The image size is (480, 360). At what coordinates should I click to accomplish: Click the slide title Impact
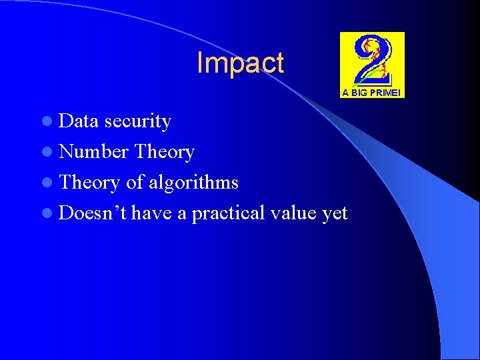pyautogui.click(x=240, y=63)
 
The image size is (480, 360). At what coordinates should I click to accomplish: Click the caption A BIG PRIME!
pyautogui.click(x=372, y=93)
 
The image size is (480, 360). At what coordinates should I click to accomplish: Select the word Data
pyautogui.click(x=79, y=121)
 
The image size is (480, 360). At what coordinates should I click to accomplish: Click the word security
pyautogui.click(x=138, y=121)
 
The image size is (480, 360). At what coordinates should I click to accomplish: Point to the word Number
pyautogui.click(x=93, y=152)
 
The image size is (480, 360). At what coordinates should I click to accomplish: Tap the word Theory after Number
pyautogui.click(x=164, y=152)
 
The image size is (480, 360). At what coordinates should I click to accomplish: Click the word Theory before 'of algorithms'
pyautogui.click(x=89, y=183)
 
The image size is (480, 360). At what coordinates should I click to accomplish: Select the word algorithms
pyautogui.click(x=193, y=183)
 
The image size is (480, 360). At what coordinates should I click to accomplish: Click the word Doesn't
pyautogui.click(x=93, y=213)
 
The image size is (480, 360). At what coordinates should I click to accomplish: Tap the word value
pyautogui.click(x=293, y=213)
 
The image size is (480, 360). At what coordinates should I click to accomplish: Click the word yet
pyautogui.click(x=335, y=213)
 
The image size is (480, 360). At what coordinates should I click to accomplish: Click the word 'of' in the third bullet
pyautogui.click(x=134, y=183)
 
